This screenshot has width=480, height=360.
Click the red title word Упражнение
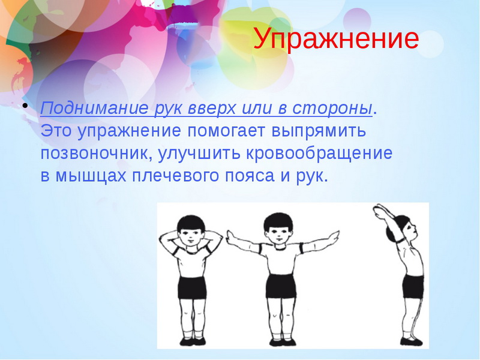point(336,39)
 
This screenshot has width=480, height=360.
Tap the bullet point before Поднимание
point(25,106)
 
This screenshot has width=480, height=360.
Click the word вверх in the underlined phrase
point(212,109)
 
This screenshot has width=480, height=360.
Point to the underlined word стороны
point(332,109)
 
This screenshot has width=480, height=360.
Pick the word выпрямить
point(319,131)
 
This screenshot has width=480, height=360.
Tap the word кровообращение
point(319,154)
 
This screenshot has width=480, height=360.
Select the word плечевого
point(176,176)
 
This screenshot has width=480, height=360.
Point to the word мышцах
point(91,176)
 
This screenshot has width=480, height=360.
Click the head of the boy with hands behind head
point(191,230)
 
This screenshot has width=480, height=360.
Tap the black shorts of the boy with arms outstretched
point(281,286)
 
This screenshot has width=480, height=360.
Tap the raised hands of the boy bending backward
point(379,211)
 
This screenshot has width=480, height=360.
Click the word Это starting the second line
point(56,131)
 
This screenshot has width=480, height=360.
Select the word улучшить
point(199,154)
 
